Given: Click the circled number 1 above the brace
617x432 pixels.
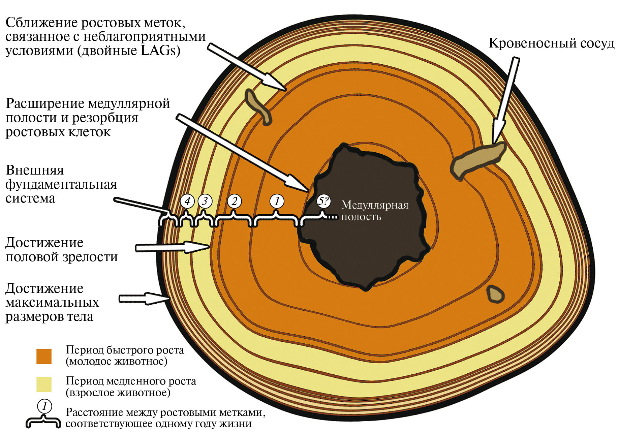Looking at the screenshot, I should [277, 201].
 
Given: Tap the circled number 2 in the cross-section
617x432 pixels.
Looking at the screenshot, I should [235, 201].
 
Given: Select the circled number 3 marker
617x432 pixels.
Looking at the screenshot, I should [205, 201].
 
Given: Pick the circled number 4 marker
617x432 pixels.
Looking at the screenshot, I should [187, 201].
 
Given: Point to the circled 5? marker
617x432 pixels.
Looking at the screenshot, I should [323, 201].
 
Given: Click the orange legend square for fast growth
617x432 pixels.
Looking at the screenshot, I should [44, 356].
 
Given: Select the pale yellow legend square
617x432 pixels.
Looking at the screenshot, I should [44, 384].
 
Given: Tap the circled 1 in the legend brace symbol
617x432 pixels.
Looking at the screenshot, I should [44, 406].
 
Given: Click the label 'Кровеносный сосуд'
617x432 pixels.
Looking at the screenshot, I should [551, 43].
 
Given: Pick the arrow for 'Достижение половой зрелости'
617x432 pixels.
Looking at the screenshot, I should [172, 247].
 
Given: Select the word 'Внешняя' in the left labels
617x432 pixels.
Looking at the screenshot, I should [35, 170].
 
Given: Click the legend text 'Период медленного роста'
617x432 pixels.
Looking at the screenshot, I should [131, 381].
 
